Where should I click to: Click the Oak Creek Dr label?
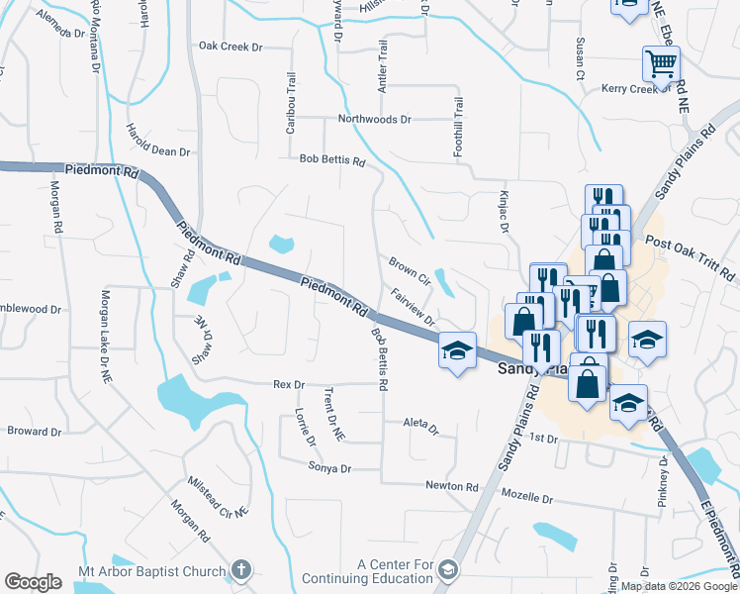coord(230,46)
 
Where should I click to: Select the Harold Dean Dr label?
coord(157,140)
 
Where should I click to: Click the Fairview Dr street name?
coord(414,308)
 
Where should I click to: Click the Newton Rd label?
coord(452,487)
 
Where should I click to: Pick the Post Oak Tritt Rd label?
coord(690,255)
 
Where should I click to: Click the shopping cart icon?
coord(661,62)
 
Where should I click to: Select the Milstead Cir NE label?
coord(220,497)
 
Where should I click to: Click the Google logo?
coord(34,582)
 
